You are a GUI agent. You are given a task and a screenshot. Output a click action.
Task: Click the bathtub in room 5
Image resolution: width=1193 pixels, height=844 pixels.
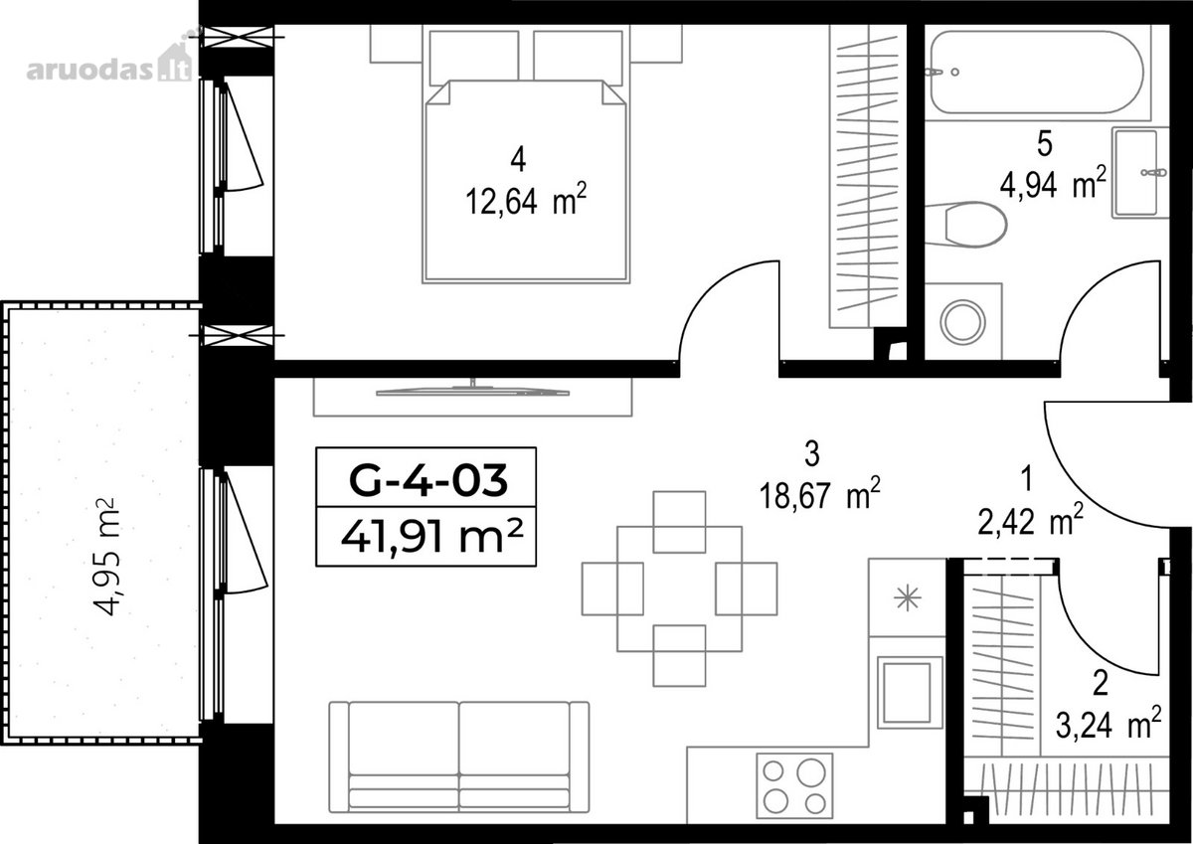click(x=1037, y=72)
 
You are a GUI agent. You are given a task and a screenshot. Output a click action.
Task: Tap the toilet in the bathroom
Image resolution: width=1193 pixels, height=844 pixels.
click(x=965, y=225)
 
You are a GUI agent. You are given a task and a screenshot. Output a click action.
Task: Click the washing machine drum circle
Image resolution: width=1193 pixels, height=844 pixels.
click(x=963, y=322)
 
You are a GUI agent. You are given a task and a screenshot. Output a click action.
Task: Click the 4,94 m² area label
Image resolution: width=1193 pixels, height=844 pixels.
click(x=1053, y=183)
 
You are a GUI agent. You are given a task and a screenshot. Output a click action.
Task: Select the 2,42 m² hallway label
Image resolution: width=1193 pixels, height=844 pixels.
click(x=1030, y=519)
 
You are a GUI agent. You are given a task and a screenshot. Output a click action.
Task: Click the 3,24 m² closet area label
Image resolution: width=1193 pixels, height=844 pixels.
click(x=1108, y=723)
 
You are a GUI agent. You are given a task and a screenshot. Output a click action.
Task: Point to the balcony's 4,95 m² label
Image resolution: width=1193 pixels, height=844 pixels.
click(x=105, y=557)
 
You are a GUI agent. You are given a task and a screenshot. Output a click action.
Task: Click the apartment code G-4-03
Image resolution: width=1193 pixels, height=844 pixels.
click(x=427, y=479)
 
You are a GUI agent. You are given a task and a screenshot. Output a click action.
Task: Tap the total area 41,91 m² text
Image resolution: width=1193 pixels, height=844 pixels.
click(x=431, y=537)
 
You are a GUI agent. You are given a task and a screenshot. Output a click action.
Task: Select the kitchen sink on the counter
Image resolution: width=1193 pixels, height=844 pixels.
click(x=910, y=693)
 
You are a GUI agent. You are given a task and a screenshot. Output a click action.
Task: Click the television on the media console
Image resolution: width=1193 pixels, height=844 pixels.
click(x=472, y=391)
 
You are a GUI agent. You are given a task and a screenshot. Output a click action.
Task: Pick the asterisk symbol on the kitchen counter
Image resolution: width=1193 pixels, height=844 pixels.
click(x=907, y=597)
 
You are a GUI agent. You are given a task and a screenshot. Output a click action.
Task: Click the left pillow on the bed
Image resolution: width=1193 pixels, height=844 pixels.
click(x=474, y=58)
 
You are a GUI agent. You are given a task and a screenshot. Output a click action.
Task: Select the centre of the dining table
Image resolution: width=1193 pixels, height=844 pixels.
click(x=680, y=589)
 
